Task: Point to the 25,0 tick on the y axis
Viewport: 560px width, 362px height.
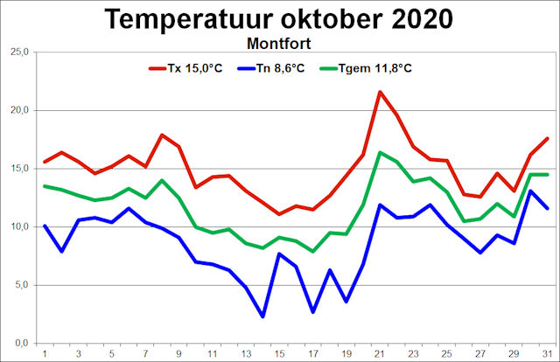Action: click(x=19, y=52)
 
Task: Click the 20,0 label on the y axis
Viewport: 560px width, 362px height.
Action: click(x=19, y=110)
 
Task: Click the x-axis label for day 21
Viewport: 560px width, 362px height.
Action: click(x=381, y=353)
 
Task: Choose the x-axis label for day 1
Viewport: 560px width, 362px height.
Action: click(x=45, y=353)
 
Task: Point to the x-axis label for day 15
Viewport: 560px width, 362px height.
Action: click(x=279, y=353)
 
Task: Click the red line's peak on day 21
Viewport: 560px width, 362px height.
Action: click(x=380, y=92)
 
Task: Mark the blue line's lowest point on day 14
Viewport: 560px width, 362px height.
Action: click(x=262, y=317)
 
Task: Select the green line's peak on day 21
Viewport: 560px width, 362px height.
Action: click(x=380, y=152)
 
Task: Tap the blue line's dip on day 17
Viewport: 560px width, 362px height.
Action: click(x=312, y=311)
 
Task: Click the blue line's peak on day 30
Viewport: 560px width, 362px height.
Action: click(x=531, y=191)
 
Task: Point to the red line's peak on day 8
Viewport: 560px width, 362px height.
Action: click(x=162, y=135)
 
